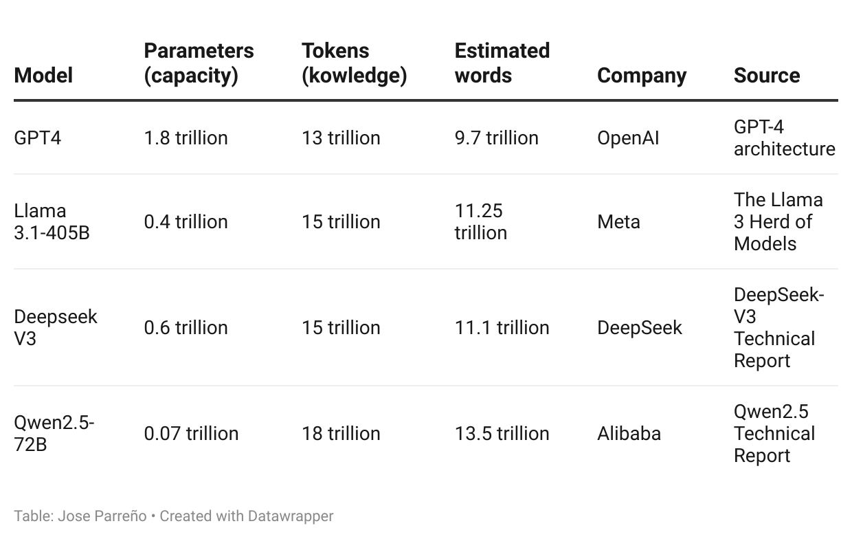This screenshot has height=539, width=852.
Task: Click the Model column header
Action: pos(43,76)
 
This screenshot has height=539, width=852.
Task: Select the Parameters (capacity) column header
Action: pos(199,63)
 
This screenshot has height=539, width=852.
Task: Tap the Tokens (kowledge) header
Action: pos(354,63)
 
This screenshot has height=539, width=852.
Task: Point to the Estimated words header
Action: pos(502,63)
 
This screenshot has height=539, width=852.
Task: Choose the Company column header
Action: pos(642,76)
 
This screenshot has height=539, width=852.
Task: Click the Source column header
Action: pos(767,76)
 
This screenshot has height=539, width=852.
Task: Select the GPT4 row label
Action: pos(38,138)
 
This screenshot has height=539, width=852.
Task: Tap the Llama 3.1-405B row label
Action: pos(52,221)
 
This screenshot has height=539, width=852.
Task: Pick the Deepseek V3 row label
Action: pos(56,327)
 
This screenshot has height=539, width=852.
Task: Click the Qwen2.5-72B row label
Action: pos(54,433)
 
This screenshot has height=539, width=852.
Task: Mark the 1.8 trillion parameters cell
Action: pos(186,138)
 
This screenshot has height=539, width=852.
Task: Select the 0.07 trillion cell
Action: pos(191,434)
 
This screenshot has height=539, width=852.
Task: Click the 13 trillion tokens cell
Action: pos(341,138)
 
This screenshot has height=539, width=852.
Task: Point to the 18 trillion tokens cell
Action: pos(341,434)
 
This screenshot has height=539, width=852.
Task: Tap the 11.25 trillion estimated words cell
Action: pos(481,221)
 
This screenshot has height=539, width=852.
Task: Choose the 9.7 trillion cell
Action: pos(496,138)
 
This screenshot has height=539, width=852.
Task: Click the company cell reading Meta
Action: pos(618,222)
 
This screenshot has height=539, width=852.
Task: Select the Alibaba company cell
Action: pos(629,434)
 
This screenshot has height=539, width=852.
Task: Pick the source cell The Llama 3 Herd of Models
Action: pos(778,221)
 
